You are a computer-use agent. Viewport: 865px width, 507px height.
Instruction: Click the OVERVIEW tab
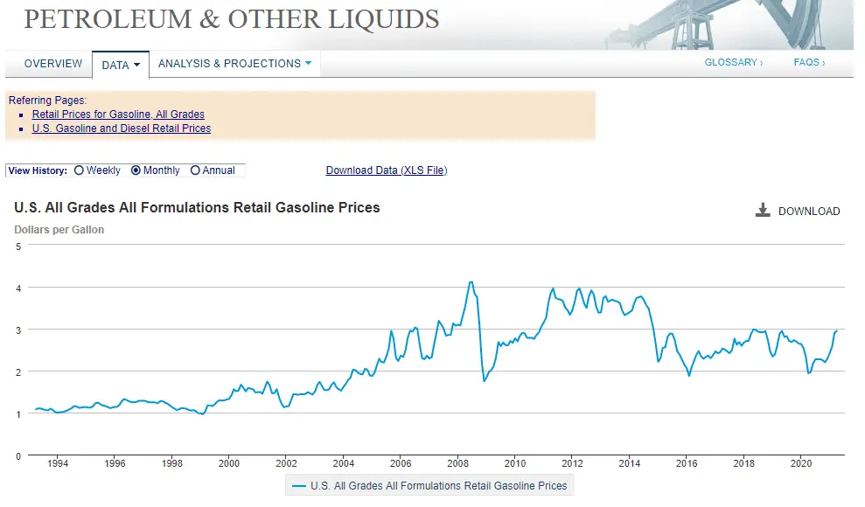pyautogui.click(x=53, y=64)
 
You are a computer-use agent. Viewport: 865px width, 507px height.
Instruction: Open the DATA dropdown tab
pyautogui.click(x=120, y=65)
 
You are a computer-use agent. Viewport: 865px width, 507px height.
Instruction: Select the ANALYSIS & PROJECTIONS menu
pyautogui.click(x=234, y=64)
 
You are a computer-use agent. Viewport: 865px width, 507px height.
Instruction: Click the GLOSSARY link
pyautogui.click(x=733, y=63)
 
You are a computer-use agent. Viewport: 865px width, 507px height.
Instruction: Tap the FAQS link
pyautogui.click(x=809, y=63)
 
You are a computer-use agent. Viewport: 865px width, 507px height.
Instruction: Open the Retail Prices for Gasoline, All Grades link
pyautogui.click(x=118, y=115)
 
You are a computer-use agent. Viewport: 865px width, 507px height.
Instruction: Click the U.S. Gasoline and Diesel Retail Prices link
pyautogui.click(x=122, y=128)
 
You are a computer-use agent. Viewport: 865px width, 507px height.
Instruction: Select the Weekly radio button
pyautogui.click(x=80, y=170)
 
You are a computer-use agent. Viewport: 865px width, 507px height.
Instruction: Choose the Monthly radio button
pyautogui.click(x=136, y=170)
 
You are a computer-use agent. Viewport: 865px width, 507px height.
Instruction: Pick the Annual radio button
pyautogui.click(x=195, y=170)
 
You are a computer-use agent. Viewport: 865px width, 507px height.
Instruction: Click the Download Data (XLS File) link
pyautogui.click(x=386, y=170)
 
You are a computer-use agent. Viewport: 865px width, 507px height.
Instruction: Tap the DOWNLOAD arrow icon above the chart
pyautogui.click(x=763, y=211)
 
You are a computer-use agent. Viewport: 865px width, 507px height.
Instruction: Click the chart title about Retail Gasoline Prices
pyautogui.click(x=197, y=208)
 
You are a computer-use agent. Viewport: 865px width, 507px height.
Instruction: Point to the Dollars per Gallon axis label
pyautogui.click(x=59, y=230)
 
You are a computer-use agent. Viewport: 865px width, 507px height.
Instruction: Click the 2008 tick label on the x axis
pyautogui.click(x=457, y=463)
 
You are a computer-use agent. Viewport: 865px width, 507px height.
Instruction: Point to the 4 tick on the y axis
pyautogui.click(x=18, y=288)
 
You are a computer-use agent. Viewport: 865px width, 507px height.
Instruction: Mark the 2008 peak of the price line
pyautogui.click(x=471, y=282)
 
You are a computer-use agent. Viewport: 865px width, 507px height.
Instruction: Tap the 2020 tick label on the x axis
pyautogui.click(x=801, y=463)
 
